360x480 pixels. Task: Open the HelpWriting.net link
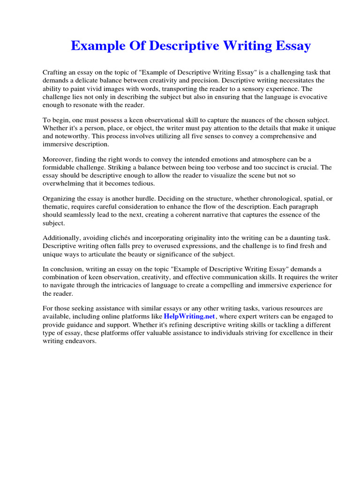coord(189,316)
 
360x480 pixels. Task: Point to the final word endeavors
coord(81,341)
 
